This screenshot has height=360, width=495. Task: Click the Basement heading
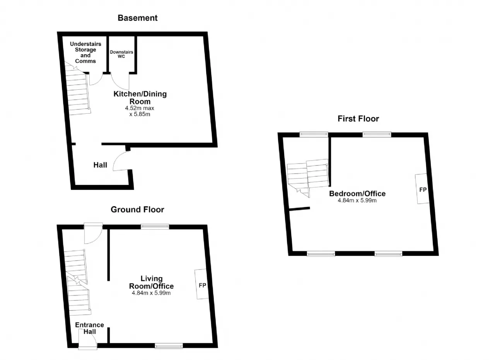pyautogui.click(x=137, y=18)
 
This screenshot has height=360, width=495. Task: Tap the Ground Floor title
pyautogui.click(x=137, y=210)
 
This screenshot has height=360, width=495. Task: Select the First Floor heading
pyautogui.click(x=358, y=119)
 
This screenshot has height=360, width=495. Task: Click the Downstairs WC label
pyautogui.click(x=121, y=54)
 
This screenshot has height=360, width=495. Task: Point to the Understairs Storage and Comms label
pyautogui.click(x=85, y=53)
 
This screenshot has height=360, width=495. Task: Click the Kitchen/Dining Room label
pyautogui.click(x=140, y=98)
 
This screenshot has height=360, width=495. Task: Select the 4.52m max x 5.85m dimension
pyautogui.click(x=140, y=111)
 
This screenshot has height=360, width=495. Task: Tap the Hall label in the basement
pyautogui.click(x=100, y=165)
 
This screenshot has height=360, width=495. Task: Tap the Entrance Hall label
pyautogui.click(x=89, y=328)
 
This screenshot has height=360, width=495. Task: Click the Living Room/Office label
pyautogui.click(x=151, y=282)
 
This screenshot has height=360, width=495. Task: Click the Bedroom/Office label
pyautogui.click(x=357, y=194)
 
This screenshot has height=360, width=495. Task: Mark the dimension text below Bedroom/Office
pyautogui.click(x=357, y=200)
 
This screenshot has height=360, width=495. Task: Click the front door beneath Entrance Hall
pyautogui.click(x=88, y=339)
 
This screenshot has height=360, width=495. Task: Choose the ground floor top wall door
pyautogui.click(x=93, y=233)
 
